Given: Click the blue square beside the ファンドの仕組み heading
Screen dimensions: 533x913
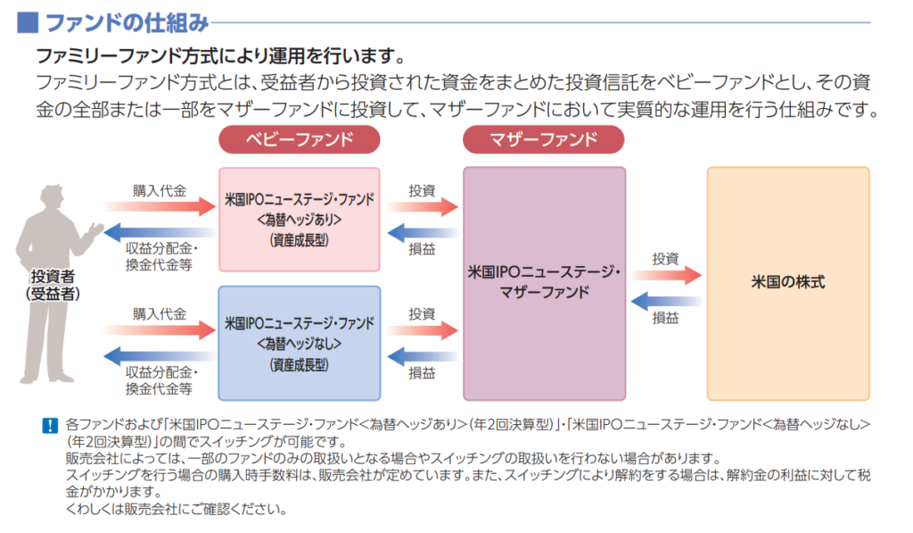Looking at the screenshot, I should (29, 21).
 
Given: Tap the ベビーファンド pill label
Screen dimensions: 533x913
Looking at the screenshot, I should (299, 139).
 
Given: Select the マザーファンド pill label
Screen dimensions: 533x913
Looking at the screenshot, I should (544, 139).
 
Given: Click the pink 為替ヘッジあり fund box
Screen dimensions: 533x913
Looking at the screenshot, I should (299, 219).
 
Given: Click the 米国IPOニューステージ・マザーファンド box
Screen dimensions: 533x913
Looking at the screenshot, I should (544, 282).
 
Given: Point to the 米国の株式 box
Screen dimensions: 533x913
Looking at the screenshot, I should (787, 282).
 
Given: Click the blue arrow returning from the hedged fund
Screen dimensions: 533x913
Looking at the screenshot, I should (160, 232).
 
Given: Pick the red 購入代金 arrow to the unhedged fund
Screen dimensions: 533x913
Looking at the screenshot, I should (160, 330).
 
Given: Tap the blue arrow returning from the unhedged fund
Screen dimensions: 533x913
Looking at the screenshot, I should (160, 356).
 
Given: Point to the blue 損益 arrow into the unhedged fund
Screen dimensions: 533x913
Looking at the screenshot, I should (424, 356).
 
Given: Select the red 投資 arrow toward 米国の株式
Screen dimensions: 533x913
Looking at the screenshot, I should (666, 275).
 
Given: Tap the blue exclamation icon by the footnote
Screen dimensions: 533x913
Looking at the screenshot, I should (49, 426).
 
